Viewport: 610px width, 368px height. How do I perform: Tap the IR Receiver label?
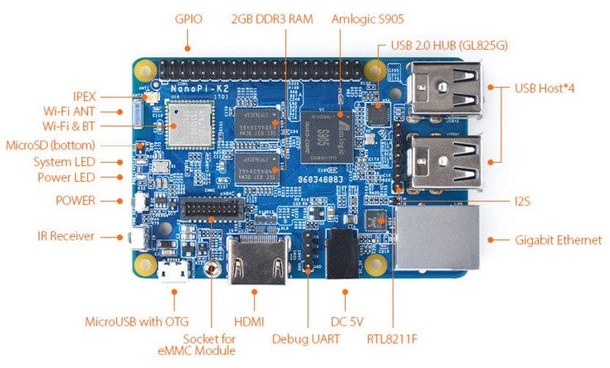(66, 236)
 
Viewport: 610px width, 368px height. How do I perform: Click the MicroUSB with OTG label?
(137, 321)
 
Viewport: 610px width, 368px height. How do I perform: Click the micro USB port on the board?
(174, 273)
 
